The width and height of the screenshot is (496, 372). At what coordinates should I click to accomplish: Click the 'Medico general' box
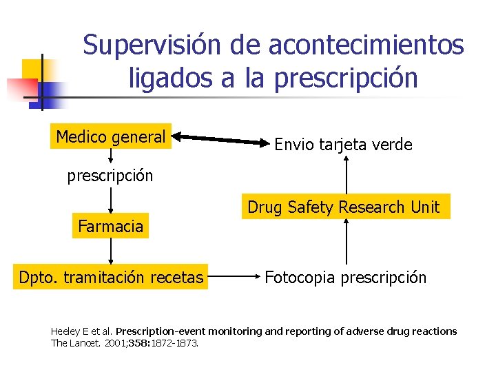[111, 138]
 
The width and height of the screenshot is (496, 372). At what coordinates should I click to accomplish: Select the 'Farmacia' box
[111, 226]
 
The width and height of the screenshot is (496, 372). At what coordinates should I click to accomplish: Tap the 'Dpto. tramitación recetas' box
[111, 278]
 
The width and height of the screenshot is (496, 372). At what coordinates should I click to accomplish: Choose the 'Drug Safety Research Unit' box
[344, 207]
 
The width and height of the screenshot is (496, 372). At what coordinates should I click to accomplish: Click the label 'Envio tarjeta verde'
[343, 145]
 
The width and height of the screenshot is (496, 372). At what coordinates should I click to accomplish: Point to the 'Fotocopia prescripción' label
[346, 278]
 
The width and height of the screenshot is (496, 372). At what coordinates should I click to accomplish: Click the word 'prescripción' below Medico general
[110, 176]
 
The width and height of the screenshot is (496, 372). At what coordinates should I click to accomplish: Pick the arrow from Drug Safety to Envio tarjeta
[347, 175]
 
